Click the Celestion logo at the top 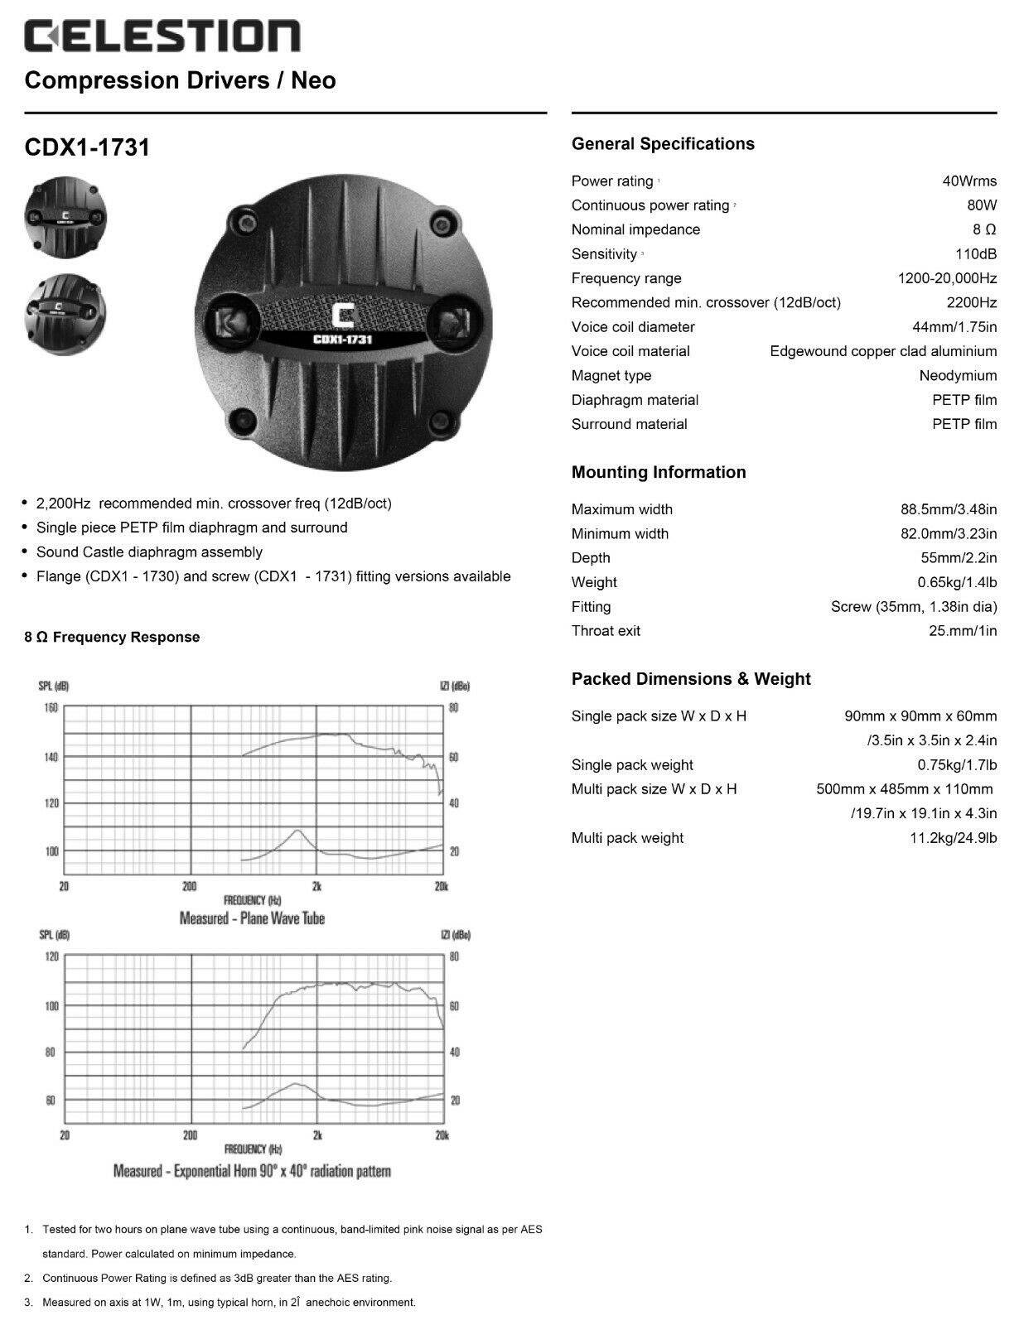coord(162,37)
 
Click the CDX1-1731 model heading coord(87,147)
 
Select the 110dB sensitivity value coord(976,254)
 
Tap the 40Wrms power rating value coord(969,181)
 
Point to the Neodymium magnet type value coord(958,376)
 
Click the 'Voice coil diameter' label coord(633,327)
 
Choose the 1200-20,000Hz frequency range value coord(947,278)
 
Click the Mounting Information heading coord(659,473)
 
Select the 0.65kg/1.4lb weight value coord(957,582)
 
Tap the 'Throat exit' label coord(606,631)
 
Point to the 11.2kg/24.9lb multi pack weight coord(953,838)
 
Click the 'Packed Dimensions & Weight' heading coord(691,679)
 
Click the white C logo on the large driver coord(341,316)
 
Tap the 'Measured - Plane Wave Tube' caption coord(252,918)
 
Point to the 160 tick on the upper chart coord(51,708)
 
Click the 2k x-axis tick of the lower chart coord(317,1135)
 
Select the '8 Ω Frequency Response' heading coord(112,637)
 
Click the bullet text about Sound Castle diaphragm coord(149,552)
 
